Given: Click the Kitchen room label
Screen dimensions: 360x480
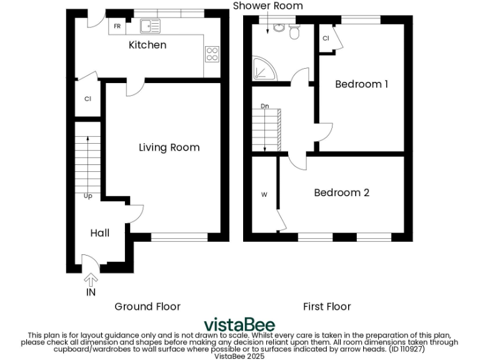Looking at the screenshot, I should pyautogui.click(x=147, y=45).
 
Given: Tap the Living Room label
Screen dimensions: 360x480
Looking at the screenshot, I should pyautogui.click(x=169, y=147).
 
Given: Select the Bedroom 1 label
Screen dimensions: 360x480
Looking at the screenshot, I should pyautogui.click(x=362, y=84).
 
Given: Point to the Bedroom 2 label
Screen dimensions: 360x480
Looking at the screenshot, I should pyautogui.click(x=341, y=192).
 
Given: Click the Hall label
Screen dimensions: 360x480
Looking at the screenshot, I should pyautogui.click(x=100, y=233).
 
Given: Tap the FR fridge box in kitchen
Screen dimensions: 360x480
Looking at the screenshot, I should pyautogui.click(x=117, y=26).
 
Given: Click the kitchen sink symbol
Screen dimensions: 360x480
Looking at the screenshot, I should pyautogui.click(x=150, y=26).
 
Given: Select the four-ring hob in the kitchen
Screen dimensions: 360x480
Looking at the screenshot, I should pyautogui.click(x=212, y=54).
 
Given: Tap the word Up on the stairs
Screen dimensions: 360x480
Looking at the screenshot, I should pyautogui.click(x=88, y=196).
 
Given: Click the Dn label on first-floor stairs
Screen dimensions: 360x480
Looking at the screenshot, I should pyautogui.click(x=265, y=106).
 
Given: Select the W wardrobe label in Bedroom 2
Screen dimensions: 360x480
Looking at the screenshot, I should pyautogui.click(x=264, y=195).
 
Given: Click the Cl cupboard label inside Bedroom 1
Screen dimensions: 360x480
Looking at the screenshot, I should pyautogui.click(x=326, y=39).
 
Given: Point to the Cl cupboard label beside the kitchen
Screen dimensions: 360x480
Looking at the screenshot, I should pyautogui.click(x=88, y=99).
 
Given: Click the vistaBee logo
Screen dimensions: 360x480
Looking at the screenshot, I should pyautogui.click(x=239, y=326).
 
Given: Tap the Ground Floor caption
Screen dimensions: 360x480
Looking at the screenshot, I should pyautogui.click(x=147, y=306).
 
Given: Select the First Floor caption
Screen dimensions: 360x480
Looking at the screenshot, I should pyautogui.click(x=327, y=306).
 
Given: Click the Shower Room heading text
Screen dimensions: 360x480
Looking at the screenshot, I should pyautogui.click(x=267, y=6).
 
